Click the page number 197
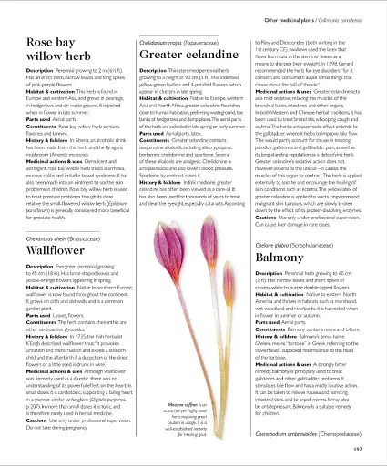coord(357,448)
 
